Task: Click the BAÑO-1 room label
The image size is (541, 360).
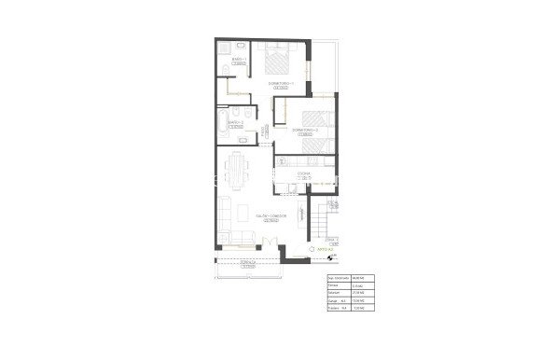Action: [239, 57]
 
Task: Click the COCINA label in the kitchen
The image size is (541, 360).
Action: [303, 173]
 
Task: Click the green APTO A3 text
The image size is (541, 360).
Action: [324, 250]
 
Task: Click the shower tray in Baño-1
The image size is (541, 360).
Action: [225, 48]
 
